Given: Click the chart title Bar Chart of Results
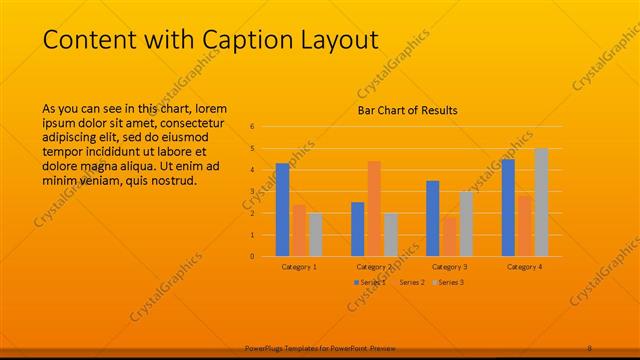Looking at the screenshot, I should tap(407, 110).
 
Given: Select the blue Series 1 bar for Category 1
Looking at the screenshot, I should tap(283, 210).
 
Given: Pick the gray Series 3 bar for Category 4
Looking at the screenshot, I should tap(541, 202).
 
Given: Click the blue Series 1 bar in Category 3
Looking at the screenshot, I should tap(433, 218).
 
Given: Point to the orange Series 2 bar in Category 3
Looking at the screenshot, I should tap(449, 236).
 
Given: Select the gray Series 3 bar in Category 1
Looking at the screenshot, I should tap(316, 234).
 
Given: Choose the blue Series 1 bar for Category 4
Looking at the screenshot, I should tap(508, 207).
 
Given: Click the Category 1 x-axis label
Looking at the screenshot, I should tap(299, 267).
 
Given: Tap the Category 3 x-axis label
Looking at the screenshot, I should tap(450, 267).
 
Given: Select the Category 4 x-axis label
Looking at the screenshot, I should tap(524, 267).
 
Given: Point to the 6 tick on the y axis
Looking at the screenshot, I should tap(253, 127).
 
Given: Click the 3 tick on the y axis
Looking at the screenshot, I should tap(253, 192).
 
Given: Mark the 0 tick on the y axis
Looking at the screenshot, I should tap(253, 256).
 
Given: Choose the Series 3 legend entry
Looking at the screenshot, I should tap(450, 283).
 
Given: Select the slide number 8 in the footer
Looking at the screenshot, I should tap(589, 347).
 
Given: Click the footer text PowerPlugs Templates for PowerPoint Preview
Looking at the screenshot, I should tap(320, 347).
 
